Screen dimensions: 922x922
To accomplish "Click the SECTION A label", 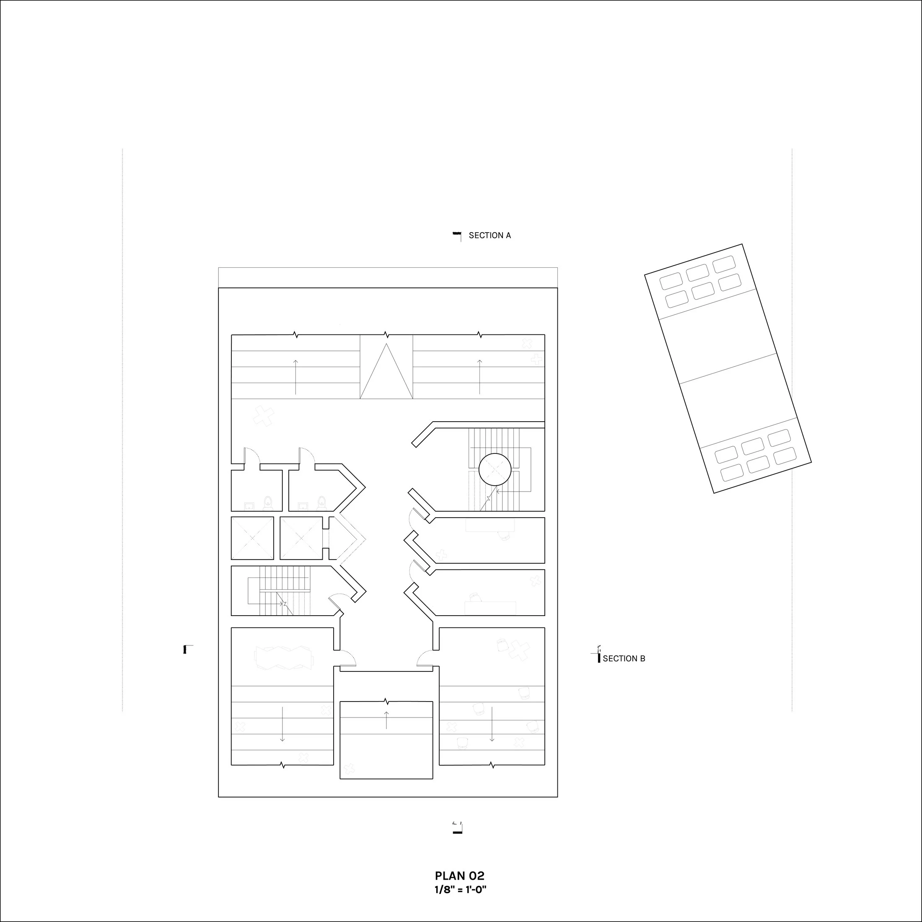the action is pyautogui.click(x=489, y=235).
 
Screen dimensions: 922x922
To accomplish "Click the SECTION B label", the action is pyautogui.click(x=624, y=658).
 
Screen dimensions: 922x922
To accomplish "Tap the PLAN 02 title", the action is pyautogui.click(x=460, y=876).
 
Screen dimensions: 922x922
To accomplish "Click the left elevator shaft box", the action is pyautogui.click(x=252, y=538).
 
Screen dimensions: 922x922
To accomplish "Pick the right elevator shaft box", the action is pyautogui.click(x=301, y=538).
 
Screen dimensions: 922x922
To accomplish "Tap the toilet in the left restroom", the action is pyautogui.click(x=268, y=502).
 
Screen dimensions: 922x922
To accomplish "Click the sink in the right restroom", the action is pyautogui.click(x=303, y=505).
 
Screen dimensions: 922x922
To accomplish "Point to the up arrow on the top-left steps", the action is pyautogui.click(x=296, y=377).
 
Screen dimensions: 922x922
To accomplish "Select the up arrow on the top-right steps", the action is pyautogui.click(x=479, y=377).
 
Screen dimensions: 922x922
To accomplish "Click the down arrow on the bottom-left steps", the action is pyautogui.click(x=282, y=724).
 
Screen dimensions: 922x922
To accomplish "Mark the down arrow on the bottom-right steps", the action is pyautogui.click(x=492, y=724).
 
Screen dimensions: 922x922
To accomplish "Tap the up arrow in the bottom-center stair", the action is pyautogui.click(x=386, y=720).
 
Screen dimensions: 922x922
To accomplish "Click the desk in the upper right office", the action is pyautogui.click(x=491, y=526).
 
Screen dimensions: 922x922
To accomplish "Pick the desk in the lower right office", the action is pyautogui.click(x=491, y=608).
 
